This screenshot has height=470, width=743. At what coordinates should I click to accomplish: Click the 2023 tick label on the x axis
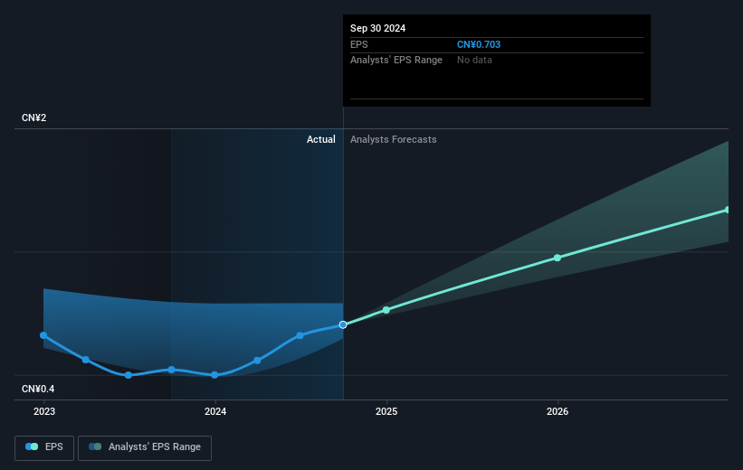click(x=43, y=411)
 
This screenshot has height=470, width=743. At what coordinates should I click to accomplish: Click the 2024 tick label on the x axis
click(x=215, y=411)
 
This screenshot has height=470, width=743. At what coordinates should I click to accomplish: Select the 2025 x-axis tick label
click(x=386, y=411)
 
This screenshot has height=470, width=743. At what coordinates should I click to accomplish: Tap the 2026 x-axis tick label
click(x=557, y=411)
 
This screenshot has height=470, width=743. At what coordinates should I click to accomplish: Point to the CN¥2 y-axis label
click(x=35, y=118)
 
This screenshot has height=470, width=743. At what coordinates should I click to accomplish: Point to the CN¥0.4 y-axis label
click(x=39, y=389)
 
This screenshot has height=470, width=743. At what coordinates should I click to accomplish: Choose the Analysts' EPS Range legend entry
click(x=145, y=446)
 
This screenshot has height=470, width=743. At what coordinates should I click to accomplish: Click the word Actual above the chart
click(x=320, y=139)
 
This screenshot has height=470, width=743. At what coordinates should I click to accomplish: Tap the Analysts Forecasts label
click(x=393, y=139)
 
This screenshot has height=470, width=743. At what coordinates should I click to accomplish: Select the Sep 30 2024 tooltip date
click(x=378, y=28)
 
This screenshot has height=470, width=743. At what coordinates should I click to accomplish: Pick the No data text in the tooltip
click(x=476, y=60)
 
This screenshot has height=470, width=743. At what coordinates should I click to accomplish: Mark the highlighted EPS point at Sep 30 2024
click(x=343, y=324)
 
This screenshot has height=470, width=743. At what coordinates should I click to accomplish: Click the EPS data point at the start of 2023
click(x=43, y=335)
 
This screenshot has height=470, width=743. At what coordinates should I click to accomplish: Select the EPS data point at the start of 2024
click(x=214, y=375)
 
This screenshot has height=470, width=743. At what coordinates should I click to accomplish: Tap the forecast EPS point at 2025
click(x=386, y=310)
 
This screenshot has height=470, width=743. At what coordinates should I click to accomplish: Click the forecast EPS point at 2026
click(x=557, y=258)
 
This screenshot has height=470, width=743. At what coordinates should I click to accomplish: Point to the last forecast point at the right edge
click(x=728, y=210)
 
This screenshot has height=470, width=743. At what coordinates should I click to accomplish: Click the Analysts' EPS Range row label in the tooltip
click(x=395, y=60)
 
